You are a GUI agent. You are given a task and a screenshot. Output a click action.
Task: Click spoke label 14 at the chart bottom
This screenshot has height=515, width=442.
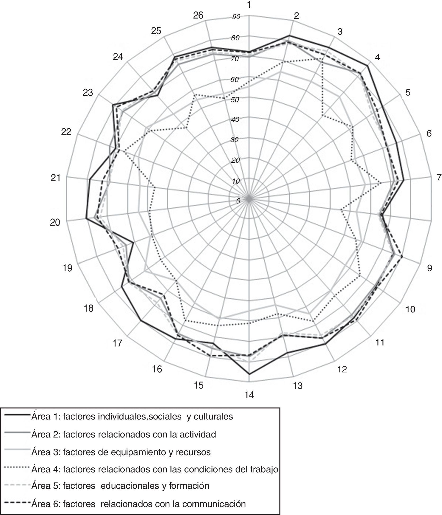coord(249,395)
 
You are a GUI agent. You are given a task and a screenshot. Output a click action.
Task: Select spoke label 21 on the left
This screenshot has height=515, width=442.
coord(56,178)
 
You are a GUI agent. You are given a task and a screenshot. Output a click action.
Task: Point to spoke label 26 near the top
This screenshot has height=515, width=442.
coord(198,16)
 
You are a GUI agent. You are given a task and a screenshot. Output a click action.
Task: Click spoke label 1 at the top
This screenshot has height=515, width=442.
coord(249,5)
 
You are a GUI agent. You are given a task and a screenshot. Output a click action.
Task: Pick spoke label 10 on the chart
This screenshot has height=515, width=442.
coord(411,309)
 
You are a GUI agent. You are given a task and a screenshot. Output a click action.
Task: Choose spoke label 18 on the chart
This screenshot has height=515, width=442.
coord(89,308)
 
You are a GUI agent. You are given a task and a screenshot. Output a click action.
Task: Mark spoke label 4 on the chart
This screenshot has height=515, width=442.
coord(377,57)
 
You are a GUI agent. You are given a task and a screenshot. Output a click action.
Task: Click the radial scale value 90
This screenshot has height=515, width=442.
coord(236,17)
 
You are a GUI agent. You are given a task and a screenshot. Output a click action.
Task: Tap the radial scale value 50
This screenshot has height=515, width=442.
coord(235,100)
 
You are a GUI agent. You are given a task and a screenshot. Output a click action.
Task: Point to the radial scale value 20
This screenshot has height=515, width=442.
coord(235,160)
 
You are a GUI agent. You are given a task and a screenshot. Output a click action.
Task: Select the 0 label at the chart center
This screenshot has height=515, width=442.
coord(238,201)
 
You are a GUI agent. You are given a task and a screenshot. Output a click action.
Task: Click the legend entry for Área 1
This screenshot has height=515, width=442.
coord(132,417)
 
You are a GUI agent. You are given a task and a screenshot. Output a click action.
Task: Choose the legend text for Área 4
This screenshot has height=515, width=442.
coord(155,469)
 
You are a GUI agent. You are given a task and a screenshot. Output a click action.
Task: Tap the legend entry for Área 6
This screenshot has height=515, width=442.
coord(138,504)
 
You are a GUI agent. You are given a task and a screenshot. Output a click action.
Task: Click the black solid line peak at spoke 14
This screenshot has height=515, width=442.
coord(249,374)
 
